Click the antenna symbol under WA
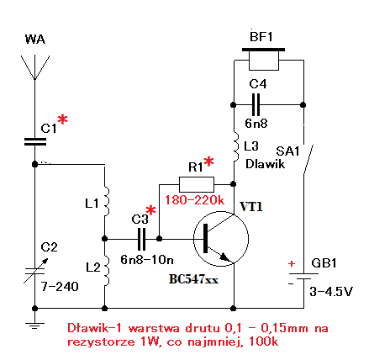(x=35, y=67)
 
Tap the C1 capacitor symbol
(x=35, y=141)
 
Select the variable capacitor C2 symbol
(x=35, y=271)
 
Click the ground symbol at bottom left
(x=35, y=326)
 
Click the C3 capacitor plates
(x=142, y=239)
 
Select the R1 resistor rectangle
(x=197, y=184)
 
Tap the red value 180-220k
(x=194, y=200)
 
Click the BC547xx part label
(x=193, y=279)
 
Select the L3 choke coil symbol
(x=236, y=146)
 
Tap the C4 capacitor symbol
(x=256, y=105)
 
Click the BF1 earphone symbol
(x=264, y=59)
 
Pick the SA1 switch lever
(x=308, y=159)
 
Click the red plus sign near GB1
(x=292, y=263)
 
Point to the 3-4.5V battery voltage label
(x=331, y=292)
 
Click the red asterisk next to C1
(x=62, y=119)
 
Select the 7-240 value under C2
(x=60, y=287)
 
